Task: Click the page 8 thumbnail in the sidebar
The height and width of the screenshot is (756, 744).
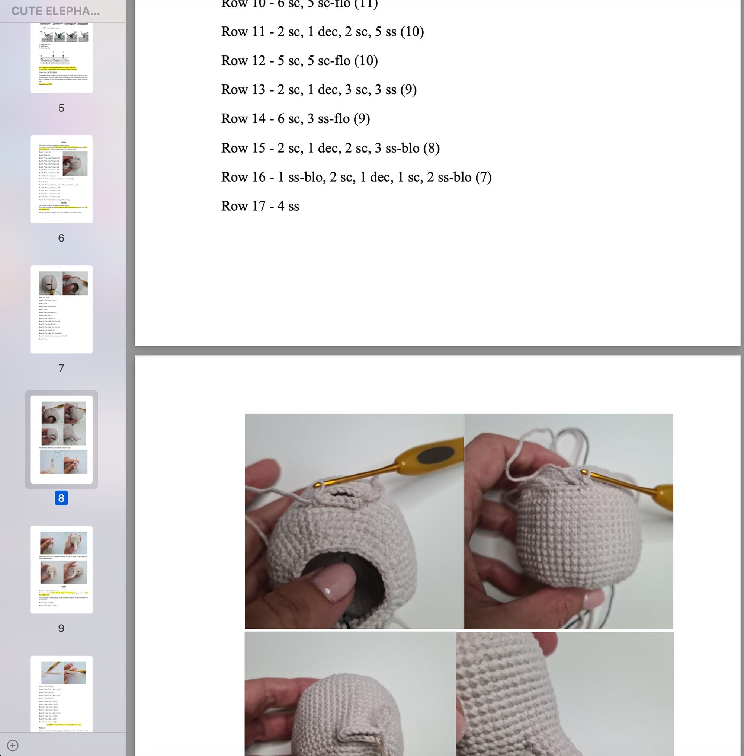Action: [61, 439]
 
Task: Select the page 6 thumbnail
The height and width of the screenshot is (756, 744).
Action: [61, 179]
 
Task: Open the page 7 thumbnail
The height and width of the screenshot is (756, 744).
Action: [61, 309]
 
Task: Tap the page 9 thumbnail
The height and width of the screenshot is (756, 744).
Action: [61, 569]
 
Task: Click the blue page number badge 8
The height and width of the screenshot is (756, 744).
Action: [61, 498]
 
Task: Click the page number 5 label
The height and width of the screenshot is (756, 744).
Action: [61, 108]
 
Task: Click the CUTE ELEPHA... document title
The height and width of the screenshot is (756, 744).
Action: [55, 11]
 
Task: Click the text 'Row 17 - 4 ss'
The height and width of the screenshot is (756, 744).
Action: [260, 206]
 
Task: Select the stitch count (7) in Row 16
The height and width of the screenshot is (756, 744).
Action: [483, 177]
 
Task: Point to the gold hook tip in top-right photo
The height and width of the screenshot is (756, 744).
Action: [584, 473]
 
